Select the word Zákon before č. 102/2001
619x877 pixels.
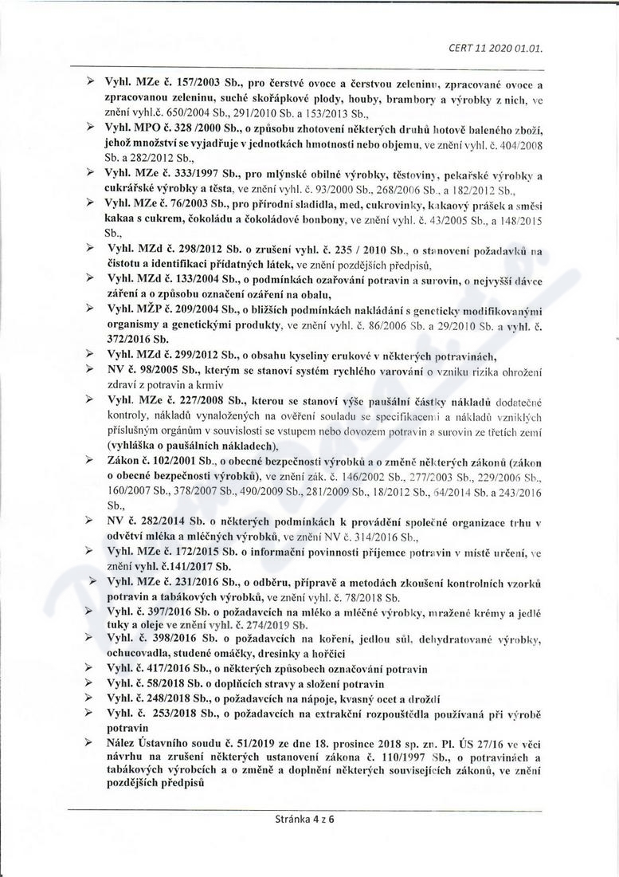[x=123, y=460]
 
